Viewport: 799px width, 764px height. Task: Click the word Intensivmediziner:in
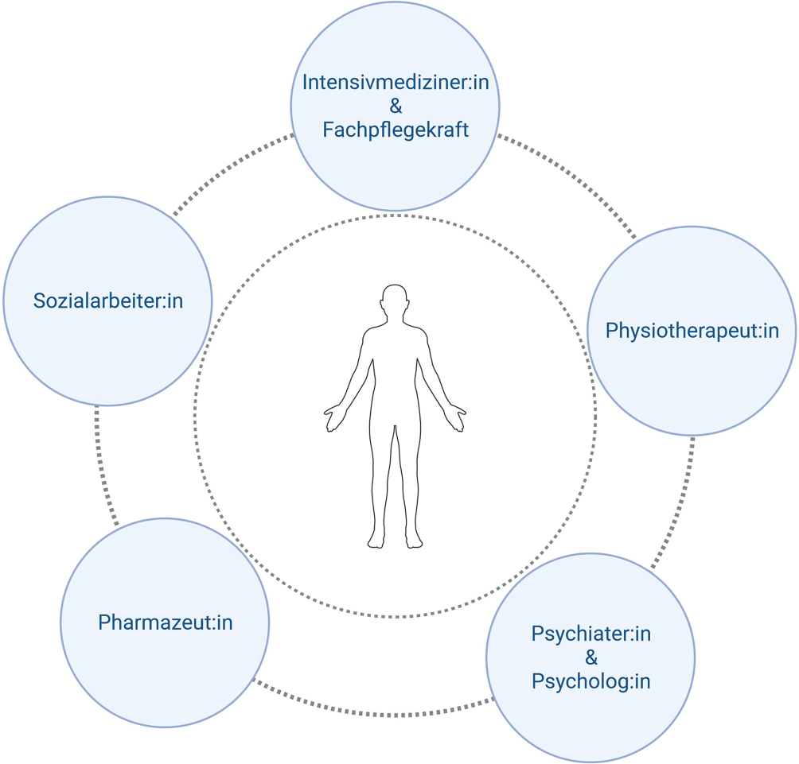[395, 83]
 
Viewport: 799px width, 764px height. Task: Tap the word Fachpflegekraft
[396, 130]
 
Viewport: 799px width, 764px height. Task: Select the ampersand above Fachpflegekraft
[396, 107]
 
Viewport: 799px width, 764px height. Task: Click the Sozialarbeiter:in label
[108, 301]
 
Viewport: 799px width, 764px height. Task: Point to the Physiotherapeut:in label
[692, 331]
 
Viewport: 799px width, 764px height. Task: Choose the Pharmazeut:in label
[166, 622]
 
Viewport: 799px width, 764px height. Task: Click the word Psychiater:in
[590, 634]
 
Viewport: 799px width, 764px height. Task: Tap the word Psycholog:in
[590, 681]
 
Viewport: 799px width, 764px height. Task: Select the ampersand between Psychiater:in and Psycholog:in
[590, 657]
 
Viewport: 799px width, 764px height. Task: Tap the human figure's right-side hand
[457, 418]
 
